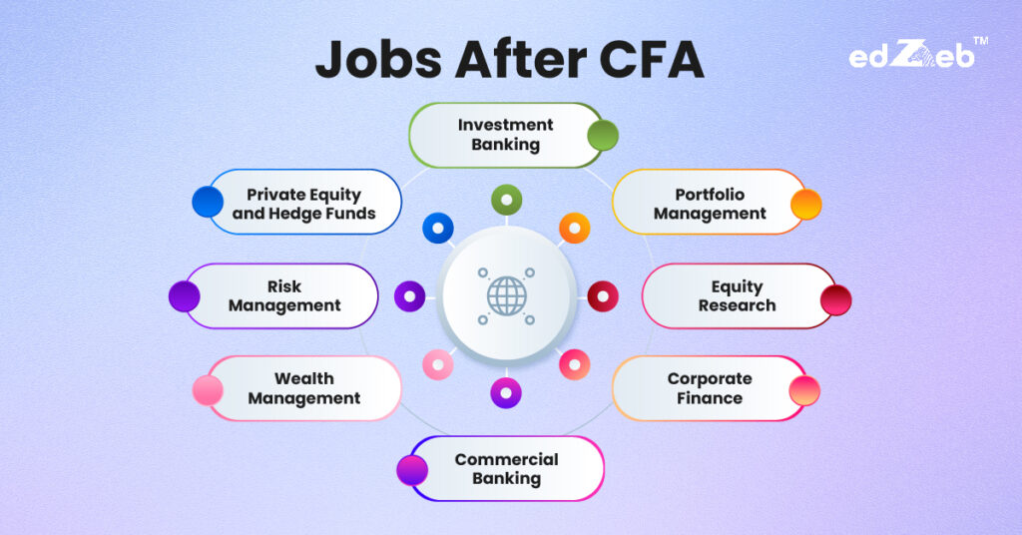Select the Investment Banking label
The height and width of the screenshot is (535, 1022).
[x=505, y=135]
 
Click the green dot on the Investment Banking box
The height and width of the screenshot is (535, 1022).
[x=602, y=135]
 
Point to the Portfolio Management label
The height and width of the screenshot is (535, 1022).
[x=710, y=203]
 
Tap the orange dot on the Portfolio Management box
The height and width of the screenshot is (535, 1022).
[x=805, y=205]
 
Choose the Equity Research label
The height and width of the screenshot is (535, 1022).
[x=737, y=296]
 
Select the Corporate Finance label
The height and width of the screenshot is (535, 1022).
[x=710, y=388]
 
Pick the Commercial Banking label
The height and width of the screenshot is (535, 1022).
[x=506, y=469]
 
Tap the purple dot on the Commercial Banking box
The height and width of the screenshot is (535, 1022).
[x=411, y=469]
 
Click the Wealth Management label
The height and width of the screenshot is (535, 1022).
[x=303, y=388]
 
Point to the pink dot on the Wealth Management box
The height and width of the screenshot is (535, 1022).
[x=208, y=389]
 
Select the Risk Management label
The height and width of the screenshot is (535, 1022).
[x=284, y=296]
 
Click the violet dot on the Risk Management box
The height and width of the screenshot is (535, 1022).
[x=184, y=296]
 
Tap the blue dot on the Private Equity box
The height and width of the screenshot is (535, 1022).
[x=208, y=202]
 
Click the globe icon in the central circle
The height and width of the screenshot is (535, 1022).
[x=506, y=295]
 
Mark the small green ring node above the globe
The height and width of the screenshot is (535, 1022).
[x=506, y=201]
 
